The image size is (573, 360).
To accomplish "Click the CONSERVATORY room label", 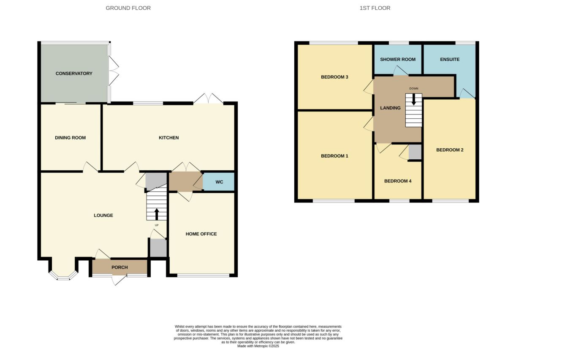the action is [x=74, y=74].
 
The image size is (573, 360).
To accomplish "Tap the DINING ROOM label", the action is [x=71, y=138].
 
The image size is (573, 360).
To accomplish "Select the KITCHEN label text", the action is [x=169, y=138].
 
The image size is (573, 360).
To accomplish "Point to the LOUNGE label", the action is [x=103, y=215].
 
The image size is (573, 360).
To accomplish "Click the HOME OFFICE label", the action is [x=201, y=234].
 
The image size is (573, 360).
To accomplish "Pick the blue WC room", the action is [x=219, y=182].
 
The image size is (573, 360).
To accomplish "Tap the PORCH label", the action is [x=120, y=267].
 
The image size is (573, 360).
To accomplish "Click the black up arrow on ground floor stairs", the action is [x=157, y=214].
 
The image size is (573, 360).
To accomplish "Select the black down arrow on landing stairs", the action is [x=414, y=99].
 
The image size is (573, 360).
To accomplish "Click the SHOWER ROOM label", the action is [x=398, y=60].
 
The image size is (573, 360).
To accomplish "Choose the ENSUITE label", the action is [x=450, y=60].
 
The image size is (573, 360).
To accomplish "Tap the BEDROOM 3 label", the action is [x=334, y=77].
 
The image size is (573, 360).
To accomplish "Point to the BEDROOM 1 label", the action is [x=334, y=156].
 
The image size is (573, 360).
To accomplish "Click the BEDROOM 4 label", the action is [x=398, y=181].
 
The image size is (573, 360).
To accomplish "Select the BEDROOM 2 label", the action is [x=450, y=150].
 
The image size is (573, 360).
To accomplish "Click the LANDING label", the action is [x=390, y=108].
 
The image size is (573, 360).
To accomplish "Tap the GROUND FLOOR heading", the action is [x=128, y=8].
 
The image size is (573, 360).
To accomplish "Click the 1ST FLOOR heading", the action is [x=375, y=8].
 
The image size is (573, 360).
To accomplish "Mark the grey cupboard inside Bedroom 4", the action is [x=415, y=152].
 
